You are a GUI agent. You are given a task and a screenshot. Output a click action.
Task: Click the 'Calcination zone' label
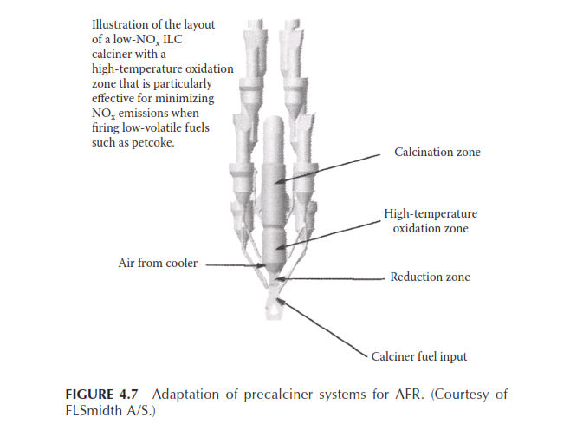coord(437,152)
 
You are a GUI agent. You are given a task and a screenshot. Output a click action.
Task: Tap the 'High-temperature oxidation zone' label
coord(431,220)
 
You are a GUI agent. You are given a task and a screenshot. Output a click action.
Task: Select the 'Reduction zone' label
coord(430,277)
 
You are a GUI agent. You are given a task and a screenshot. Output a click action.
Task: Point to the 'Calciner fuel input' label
coord(418,356)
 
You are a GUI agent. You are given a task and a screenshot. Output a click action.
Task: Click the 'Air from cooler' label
coord(158,263)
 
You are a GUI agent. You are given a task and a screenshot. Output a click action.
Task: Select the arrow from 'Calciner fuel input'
coord(322,328)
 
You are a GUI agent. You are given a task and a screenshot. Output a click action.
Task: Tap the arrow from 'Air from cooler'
coord(236,265)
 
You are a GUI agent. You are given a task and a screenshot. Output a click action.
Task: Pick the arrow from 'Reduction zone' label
coord(330,279)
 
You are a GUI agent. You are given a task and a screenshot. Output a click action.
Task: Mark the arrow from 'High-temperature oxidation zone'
coord(328,235)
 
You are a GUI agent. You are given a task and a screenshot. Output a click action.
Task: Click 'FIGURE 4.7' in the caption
coord(102,395)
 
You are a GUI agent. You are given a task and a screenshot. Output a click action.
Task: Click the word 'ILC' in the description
coord(172,39)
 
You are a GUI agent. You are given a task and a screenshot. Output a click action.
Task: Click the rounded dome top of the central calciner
coord(274,125)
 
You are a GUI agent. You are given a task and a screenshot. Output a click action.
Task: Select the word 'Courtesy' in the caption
coord(460,395)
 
